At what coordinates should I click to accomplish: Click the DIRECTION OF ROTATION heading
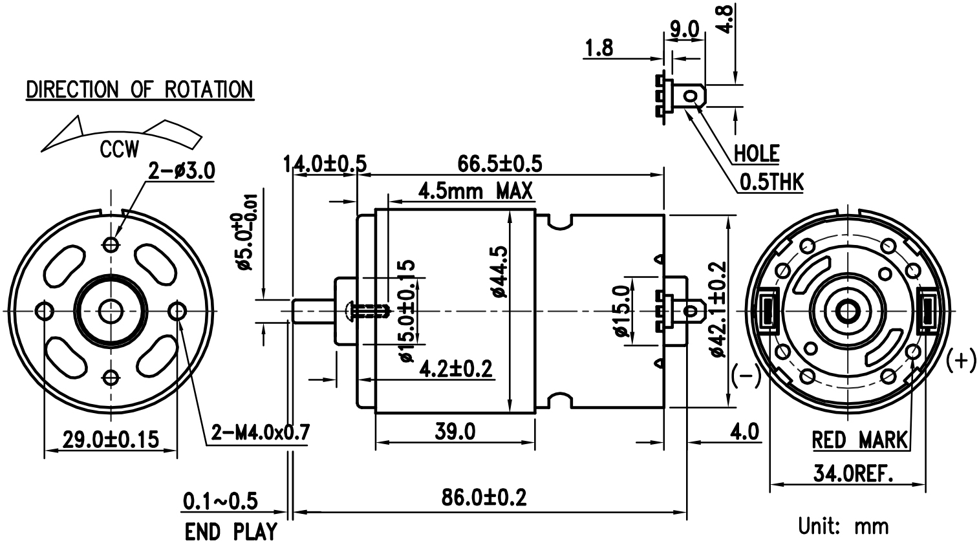point(140,90)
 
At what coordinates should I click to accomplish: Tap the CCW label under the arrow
point(120,149)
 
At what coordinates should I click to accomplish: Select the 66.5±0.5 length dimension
point(500,164)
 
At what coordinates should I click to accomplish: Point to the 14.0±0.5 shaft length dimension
point(325,164)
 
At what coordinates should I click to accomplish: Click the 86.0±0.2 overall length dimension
point(484,498)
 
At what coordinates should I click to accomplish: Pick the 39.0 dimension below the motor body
point(455,432)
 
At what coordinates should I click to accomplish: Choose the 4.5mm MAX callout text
point(475,191)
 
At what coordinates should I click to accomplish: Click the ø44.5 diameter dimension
point(500,271)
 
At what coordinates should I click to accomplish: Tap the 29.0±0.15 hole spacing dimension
point(111,440)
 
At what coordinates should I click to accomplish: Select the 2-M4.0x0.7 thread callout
point(261,432)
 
